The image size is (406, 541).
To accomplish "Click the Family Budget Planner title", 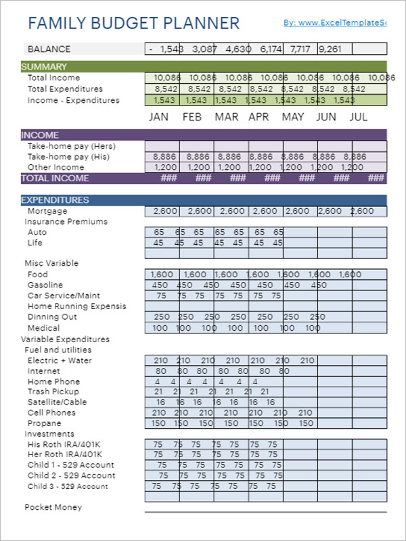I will click(134, 24).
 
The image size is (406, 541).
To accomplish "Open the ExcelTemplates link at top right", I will click(334, 23).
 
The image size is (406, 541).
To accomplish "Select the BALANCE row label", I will click(49, 49).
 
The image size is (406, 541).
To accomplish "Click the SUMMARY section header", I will click(44, 66).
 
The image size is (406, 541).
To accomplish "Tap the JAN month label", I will click(158, 117).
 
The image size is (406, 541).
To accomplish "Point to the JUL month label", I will click(359, 117).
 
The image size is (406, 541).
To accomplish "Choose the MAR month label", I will click(227, 117).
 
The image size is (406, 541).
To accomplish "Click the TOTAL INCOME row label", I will click(55, 179).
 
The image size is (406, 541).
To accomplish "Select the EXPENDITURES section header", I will click(55, 200).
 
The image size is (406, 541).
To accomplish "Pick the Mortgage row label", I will click(47, 211).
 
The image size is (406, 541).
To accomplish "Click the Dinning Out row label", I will click(51, 317).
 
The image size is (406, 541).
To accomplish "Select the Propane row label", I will click(44, 423).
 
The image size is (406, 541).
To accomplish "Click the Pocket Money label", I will click(53, 507).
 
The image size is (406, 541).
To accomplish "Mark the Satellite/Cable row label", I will click(57, 402).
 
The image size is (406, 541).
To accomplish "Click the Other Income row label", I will click(55, 167).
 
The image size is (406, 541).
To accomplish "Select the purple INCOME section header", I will click(40, 135).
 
